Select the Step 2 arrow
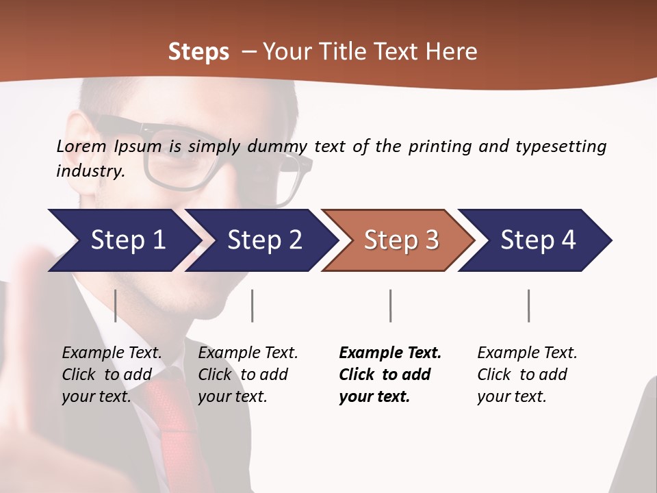click(263, 240)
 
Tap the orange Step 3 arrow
click(400, 240)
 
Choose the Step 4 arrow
click(537, 240)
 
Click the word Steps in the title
click(198, 51)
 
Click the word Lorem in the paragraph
click(81, 146)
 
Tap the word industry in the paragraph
click(90, 171)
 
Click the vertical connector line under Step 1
click(116, 305)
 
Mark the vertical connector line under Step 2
click(253, 305)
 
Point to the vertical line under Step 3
click(391, 305)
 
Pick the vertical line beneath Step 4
click(529, 305)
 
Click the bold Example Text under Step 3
click(390, 353)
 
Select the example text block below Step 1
click(112, 375)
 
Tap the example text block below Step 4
click(527, 375)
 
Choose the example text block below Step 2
click(248, 375)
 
